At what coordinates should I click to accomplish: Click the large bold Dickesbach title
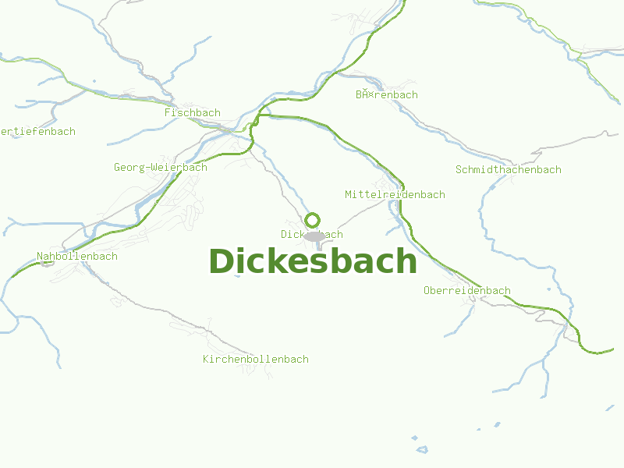[313, 261]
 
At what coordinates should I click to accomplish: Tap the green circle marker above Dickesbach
[313, 220]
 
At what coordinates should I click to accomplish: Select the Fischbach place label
[193, 113]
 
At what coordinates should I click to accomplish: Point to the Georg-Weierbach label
[161, 167]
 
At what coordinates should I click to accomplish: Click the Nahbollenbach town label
[77, 256]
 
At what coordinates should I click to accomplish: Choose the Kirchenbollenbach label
[256, 360]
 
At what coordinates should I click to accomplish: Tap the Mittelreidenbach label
[395, 194]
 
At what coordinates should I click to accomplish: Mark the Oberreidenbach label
[466, 290]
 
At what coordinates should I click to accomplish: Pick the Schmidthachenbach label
[508, 169]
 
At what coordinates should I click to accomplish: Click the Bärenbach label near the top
[387, 95]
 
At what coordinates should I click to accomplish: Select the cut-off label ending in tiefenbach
[37, 131]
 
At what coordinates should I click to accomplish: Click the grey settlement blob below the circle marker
[314, 236]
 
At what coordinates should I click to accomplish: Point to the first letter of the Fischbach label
[168, 113]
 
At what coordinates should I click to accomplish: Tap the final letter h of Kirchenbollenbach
[305, 360]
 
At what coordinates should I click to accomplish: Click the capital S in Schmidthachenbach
[459, 169]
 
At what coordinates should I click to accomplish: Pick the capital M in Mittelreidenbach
[349, 194]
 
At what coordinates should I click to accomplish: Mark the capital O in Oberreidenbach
[427, 290]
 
